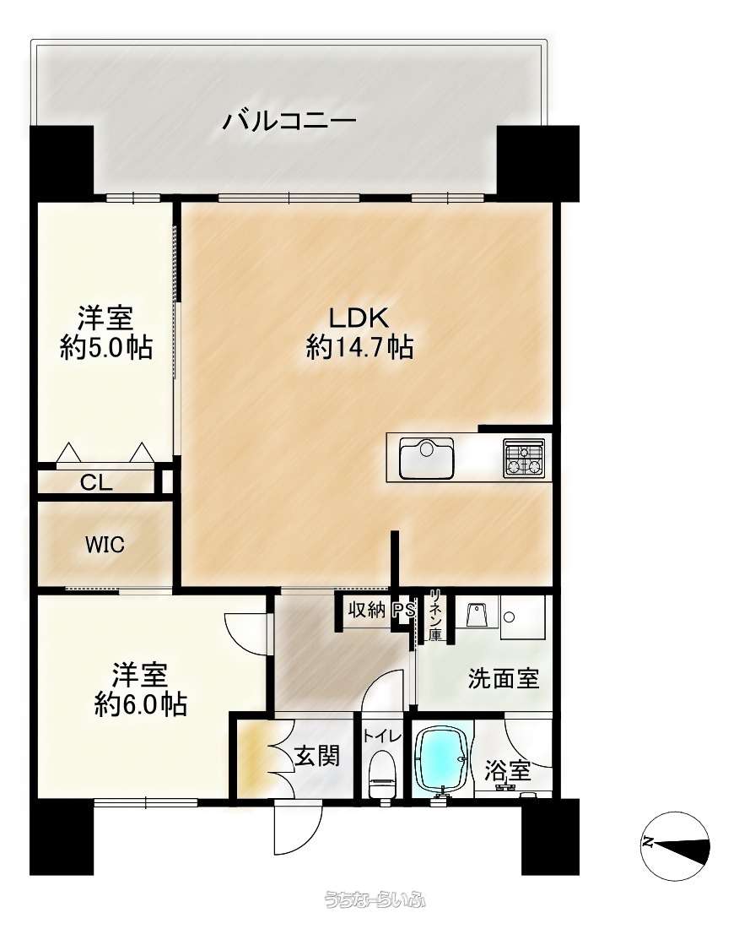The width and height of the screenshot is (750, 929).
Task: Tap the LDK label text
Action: point(359,318)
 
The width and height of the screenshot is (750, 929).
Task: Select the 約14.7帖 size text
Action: point(359,346)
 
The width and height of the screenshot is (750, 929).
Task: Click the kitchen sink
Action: point(426,458)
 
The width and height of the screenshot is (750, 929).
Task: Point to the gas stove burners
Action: point(524,458)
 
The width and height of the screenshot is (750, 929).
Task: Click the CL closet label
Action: point(96,483)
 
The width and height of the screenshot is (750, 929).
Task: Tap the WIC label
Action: point(105,545)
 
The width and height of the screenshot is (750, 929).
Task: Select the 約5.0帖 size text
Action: point(106,347)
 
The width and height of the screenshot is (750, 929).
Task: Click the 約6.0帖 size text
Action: point(141,704)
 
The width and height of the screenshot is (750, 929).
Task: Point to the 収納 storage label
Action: point(366,610)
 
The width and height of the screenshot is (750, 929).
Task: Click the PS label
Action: point(405,610)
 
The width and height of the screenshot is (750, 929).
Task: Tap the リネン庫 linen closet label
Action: point(435,615)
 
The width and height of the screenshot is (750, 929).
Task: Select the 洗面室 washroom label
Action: point(503,678)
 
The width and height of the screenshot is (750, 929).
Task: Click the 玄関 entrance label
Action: point(317,756)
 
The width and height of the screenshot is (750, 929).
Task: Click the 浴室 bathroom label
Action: point(508,771)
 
